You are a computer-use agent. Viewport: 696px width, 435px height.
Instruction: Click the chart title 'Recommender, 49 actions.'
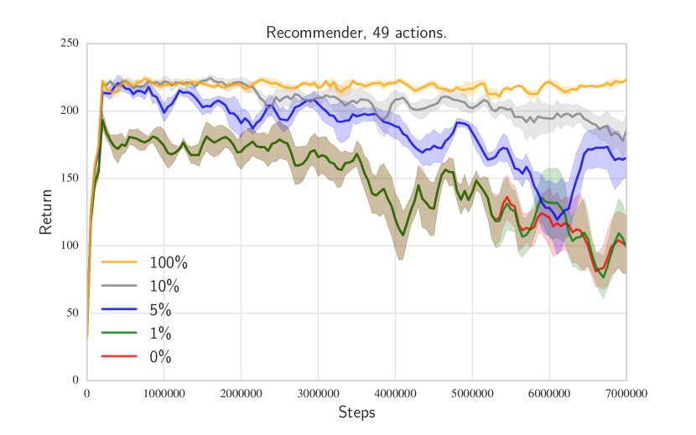(356, 33)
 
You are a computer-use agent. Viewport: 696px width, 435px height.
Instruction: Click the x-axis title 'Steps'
(356, 412)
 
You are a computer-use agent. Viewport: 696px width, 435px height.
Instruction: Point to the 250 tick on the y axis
(70, 44)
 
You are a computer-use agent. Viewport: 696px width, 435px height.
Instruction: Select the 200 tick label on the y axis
(70, 111)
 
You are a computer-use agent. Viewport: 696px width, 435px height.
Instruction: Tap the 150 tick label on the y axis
(70, 179)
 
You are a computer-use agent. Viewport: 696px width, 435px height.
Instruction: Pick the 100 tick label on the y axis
(70, 246)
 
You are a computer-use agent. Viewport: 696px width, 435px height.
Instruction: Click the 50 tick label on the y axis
(72, 313)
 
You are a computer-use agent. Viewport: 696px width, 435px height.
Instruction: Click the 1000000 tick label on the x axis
(164, 393)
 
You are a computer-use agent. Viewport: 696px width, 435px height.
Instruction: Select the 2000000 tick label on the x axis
(241, 393)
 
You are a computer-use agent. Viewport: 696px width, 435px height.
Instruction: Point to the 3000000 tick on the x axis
(318, 393)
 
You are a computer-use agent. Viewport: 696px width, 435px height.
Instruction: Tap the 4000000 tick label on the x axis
(395, 393)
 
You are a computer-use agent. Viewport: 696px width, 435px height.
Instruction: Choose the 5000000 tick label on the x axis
(472, 393)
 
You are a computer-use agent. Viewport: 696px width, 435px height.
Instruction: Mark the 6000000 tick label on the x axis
(549, 393)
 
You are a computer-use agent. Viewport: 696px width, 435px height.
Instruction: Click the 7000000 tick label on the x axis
(626, 393)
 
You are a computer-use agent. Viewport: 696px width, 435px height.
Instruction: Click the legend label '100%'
(169, 263)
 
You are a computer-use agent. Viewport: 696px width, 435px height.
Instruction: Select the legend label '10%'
(164, 287)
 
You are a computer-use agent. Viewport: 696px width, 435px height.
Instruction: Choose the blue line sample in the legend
(119, 310)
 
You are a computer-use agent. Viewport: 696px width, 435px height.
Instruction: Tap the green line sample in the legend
(119, 334)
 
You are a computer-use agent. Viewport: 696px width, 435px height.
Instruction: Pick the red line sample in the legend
(119, 357)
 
